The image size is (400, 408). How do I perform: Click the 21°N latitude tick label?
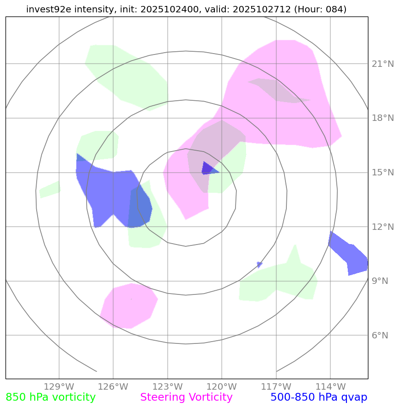point(382,64)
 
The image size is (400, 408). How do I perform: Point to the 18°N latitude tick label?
point(382,118)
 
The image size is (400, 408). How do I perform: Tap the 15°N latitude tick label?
point(382,173)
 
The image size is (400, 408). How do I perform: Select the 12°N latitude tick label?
point(382,227)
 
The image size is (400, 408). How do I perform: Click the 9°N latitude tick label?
point(379,281)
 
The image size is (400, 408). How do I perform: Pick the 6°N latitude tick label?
point(379,336)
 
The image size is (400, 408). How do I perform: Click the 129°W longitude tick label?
point(59,386)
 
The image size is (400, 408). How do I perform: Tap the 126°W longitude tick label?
point(113,386)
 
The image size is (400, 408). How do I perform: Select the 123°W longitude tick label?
point(167,386)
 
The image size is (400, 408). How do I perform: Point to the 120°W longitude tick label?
point(222,386)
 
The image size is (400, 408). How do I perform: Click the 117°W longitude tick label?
point(276,386)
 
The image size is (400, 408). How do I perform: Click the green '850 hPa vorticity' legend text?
point(50,397)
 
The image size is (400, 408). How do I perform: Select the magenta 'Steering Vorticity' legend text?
point(186,397)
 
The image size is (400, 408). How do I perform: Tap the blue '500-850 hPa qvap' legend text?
point(319,397)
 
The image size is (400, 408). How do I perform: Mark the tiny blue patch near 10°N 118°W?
point(259,264)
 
